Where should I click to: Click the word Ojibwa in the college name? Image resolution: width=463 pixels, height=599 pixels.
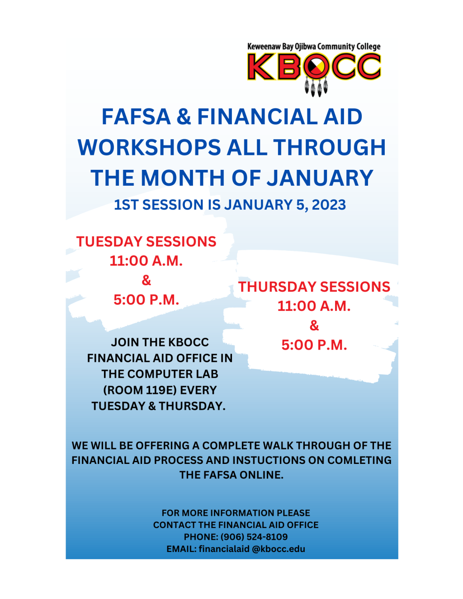coord(305,47)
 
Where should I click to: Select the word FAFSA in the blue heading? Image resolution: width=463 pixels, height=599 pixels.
coord(136,117)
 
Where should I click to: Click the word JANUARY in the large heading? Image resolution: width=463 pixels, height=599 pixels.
coord(320,178)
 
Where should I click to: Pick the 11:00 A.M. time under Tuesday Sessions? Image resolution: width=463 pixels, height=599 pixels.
coord(146,261)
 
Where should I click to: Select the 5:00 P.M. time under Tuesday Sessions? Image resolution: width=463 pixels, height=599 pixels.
coord(146,299)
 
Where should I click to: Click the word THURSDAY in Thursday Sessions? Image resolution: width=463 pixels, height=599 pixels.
coord(277,287)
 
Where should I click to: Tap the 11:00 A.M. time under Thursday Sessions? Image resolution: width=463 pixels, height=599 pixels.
coord(314,306)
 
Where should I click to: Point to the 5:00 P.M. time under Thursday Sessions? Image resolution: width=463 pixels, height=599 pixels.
coord(314,345)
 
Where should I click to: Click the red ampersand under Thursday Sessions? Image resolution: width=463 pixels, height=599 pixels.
coord(314,326)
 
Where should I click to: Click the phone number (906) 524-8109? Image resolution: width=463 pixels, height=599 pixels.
coord(254,537)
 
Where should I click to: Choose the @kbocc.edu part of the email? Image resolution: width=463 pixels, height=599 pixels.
coord(279,549)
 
